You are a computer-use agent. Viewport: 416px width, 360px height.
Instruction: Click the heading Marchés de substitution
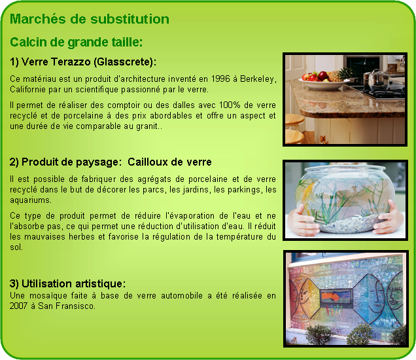coord(90,19)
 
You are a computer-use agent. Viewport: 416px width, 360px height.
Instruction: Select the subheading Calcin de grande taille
coord(76,42)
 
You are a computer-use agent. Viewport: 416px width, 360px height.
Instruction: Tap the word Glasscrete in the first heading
coord(123,62)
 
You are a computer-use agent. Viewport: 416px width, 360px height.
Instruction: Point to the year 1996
coord(220,79)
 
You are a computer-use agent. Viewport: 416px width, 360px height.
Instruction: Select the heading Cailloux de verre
coord(169,162)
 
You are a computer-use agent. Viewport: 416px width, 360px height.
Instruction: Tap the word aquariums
coord(30,200)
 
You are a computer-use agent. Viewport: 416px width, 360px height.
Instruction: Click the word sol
coord(16,247)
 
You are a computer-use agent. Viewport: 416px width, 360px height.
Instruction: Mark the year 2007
coord(18,306)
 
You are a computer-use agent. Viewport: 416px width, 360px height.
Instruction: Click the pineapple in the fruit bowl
coord(340,73)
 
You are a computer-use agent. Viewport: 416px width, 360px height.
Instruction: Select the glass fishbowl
coord(345,198)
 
